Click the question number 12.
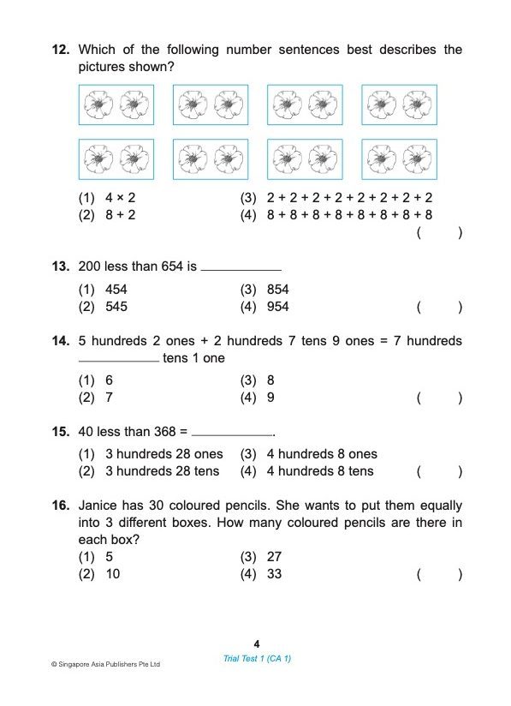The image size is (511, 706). [x=60, y=50]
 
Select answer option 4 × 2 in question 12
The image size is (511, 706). [x=121, y=198]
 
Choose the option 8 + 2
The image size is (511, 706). [x=121, y=215]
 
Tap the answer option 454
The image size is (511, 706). [x=116, y=290]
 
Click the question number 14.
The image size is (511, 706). [x=60, y=341]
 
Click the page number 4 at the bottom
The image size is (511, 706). [x=256, y=643]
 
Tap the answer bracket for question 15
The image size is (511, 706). [x=439, y=471]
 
